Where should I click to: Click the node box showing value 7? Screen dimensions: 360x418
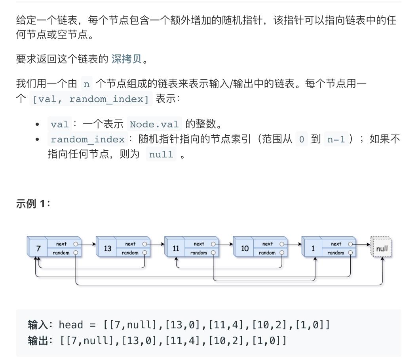pos(38,248)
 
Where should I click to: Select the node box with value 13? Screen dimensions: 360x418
pos(107,248)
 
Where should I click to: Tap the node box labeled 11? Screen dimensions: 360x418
pos(176,248)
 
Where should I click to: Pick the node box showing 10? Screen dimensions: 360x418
pos(245,248)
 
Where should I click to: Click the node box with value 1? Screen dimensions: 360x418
pos(313,248)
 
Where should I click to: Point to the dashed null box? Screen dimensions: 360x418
pos(382,249)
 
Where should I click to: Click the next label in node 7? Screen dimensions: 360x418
pos(61,244)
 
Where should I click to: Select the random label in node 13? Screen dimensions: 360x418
pos(130,253)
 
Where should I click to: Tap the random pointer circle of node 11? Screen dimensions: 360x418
pos(213,253)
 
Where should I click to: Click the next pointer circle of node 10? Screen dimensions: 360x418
pos(282,244)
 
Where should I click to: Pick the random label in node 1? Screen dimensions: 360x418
pos(336,253)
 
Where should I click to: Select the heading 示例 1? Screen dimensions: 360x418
pos(33,204)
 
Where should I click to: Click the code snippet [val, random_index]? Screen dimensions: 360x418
pos(91,99)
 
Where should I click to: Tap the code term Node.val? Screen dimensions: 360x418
pos(154,124)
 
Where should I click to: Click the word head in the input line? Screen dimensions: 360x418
pos(71,325)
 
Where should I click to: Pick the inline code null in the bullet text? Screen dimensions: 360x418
pos(161,154)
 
